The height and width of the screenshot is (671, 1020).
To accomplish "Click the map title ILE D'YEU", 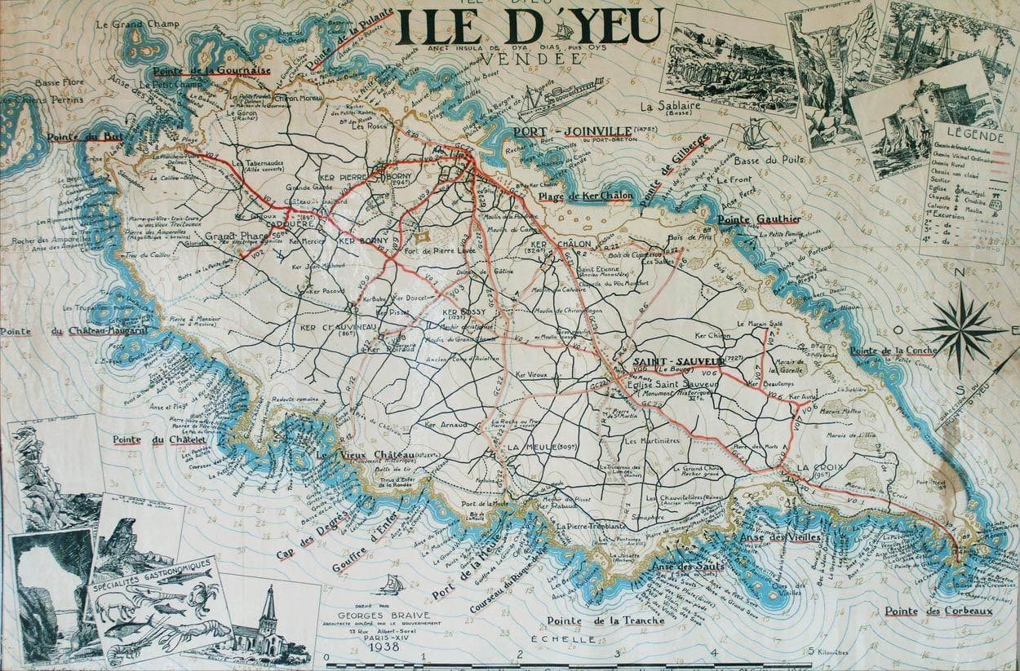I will click(x=530, y=27).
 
